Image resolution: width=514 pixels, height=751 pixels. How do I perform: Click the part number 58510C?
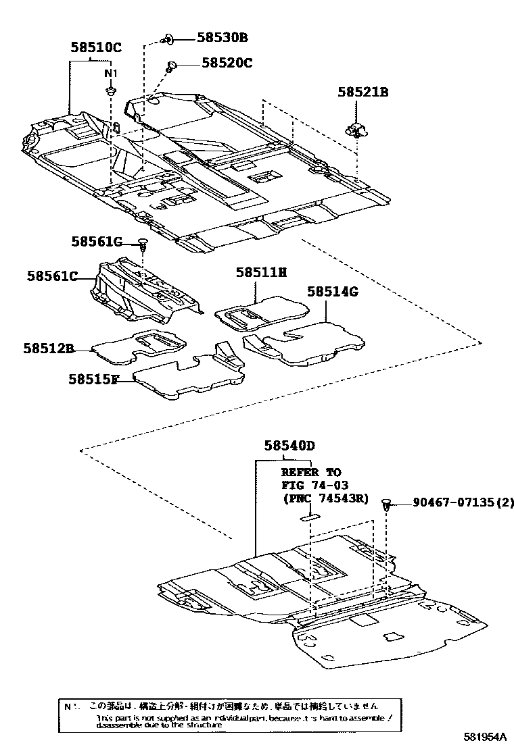(x=96, y=47)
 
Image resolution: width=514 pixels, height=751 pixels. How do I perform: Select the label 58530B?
(x=223, y=38)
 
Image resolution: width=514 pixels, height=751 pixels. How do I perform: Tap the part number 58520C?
(x=227, y=63)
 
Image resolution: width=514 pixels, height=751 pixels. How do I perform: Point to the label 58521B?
(x=363, y=93)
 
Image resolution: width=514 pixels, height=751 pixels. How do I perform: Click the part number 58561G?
(x=97, y=242)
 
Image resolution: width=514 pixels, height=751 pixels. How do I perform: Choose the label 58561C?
(x=53, y=276)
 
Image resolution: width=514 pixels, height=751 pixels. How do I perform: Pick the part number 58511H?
(x=261, y=272)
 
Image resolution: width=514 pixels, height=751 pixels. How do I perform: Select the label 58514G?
(x=332, y=292)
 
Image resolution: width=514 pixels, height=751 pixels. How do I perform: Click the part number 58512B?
(x=48, y=349)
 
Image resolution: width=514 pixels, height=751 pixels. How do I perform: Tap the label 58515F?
(x=93, y=380)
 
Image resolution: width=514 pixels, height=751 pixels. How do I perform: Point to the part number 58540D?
(x=290, y=446)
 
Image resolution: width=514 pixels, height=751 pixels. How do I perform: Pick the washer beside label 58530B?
(x=168, y=38)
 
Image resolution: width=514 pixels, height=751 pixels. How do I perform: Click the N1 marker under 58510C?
(x=110, y=73)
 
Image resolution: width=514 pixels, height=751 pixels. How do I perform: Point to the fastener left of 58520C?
(x=172, y=66)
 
